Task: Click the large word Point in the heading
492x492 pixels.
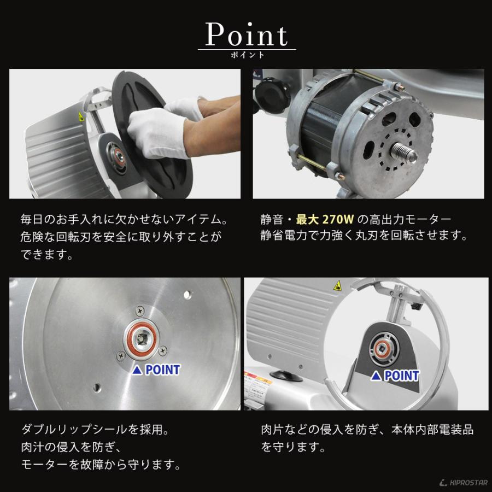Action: click(x=247, y=34)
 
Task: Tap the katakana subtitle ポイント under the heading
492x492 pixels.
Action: click(x=247, y=55)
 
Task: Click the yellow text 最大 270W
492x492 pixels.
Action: click(x=325, y=219)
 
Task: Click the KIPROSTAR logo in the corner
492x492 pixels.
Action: click(x=463, y=483)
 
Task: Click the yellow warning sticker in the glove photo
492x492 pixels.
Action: click(x=81, y=117)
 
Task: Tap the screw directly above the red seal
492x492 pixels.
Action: click(x=139, y=311)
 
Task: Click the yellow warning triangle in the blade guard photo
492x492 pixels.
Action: click(x=338, y=285)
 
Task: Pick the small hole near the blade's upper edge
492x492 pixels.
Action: click(x=187, y=294)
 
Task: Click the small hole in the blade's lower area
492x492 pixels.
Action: click(x=97, y=387)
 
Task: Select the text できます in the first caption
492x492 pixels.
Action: click(x=44, y=254)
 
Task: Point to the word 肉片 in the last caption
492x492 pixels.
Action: click(x=273, y=429)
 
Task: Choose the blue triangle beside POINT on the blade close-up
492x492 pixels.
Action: click(x=137, y=370)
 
